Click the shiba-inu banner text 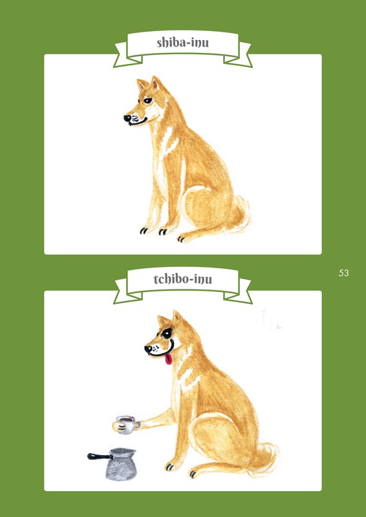pos(182,43)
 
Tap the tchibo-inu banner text pos(182,279)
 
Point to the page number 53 pos(343,273)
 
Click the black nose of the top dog pos(127,118)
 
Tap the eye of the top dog pos(148,101)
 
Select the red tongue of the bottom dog pos(168,359)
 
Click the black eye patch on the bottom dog pos(167,333)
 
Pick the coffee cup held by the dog pos(125,425)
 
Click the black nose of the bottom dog pos(148,348)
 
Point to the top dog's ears pos(149,83)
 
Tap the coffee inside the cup pos(125,419)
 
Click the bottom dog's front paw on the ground pos(171,466)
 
